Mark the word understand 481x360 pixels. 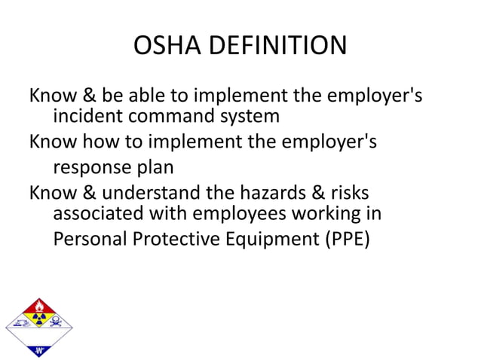146,192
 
